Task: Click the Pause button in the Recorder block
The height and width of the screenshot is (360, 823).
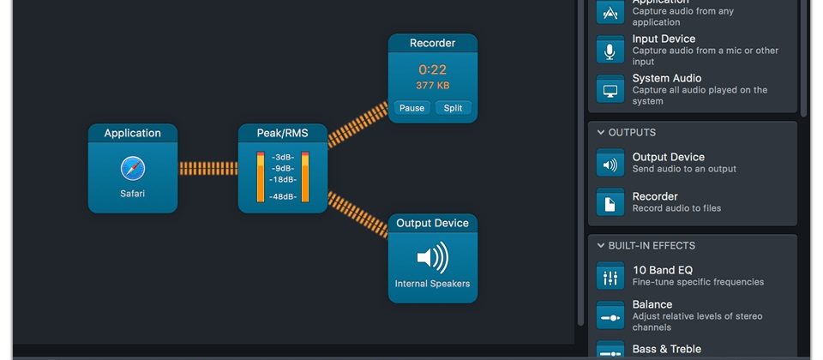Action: click(x=411, y=108)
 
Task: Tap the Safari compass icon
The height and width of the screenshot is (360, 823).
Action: click(x=133, y=168)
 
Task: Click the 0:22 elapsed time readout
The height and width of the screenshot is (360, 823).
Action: click(x=432, y=69)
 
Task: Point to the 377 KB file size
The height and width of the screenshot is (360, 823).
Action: click(x=432, y=86)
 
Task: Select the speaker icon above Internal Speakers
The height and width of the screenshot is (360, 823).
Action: click(x=432, y=257)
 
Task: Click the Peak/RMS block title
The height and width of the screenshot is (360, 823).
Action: click(x=282, y=133)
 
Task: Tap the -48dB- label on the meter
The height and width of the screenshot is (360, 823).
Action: click(x=284, y=196)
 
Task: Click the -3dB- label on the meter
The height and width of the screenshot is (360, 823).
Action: click(x=284, y=158)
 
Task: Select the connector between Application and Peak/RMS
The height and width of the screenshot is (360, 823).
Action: click(x=207, y=169)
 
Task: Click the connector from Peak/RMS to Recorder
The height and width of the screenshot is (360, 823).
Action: click(x=357, y=124)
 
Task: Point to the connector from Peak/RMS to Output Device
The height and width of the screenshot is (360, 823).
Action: click(x=357, y=213)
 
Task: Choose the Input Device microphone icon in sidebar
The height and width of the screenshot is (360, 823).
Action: click(x=610, y=51)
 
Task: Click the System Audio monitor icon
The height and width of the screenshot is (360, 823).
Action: click(x=610, y=90)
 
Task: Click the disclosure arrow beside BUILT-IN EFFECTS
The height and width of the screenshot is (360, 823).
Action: click(x=600, y=246)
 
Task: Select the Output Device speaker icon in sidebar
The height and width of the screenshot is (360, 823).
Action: click(x=610, y=164)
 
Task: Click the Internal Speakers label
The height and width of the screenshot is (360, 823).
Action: click(x=432, y=284)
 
